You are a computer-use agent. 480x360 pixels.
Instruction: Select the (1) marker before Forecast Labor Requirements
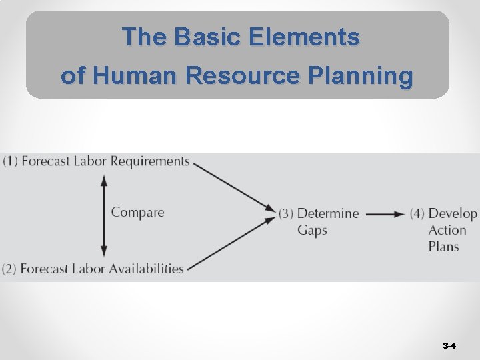[10, 161]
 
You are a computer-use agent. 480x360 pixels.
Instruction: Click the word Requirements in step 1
[150, 161]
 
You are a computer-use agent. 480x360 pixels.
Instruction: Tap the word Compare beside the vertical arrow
[137, 213]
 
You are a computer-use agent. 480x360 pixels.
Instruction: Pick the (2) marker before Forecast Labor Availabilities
[9, 269]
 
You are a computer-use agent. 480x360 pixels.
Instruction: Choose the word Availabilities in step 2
[144, 269]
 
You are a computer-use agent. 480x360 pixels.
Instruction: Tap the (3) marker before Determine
[286, 214]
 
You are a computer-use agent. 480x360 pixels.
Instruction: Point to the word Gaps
[312, 231]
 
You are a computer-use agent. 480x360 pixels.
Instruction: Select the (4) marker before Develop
[417, 214]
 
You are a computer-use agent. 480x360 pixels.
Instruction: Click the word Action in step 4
[447, 231]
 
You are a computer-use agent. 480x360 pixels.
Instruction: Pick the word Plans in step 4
[444, 247]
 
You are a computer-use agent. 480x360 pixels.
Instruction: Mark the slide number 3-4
[449, 346]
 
